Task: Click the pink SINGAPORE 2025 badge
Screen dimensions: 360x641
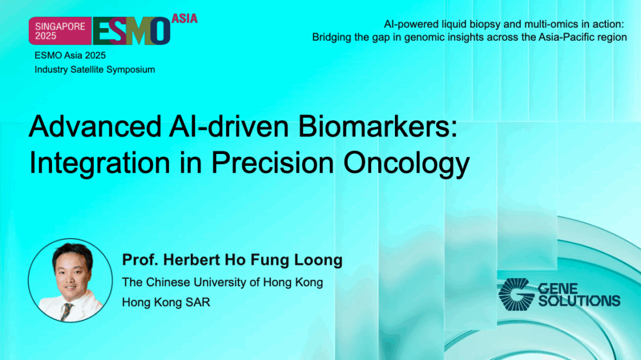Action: pyautogui.click(x=59, y=30)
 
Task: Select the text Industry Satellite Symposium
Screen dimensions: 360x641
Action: pyautogui.click(x=95, y=69)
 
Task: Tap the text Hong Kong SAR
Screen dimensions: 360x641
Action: pyautogui.click(x=166, y=302)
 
